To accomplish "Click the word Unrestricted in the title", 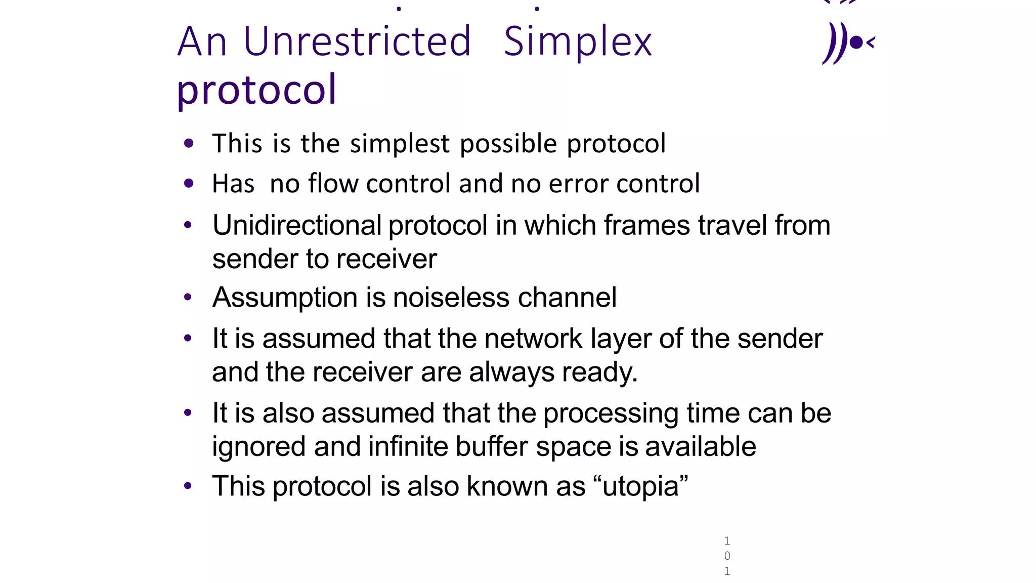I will [x=357, y=41].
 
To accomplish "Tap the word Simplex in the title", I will [x=578, y=43].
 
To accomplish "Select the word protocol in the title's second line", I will [x=256, y=90].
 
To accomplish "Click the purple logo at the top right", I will [x=848, y=43].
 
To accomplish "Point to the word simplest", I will [x=400, y=144].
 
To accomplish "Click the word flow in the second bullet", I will [x=334, y=183].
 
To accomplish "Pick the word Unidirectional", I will [x=297, y=225].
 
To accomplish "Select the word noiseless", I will [x=451, y=297].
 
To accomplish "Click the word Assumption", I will [x=285, y=297].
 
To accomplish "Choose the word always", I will [x=511, y=372].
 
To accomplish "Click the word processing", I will [x=611, y=413].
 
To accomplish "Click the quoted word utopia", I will [x=640, y=486].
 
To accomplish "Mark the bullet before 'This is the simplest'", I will [x=189, y=144].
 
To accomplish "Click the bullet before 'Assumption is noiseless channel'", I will [x=188, y=297].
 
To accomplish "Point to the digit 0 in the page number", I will [x=727, y=556].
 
